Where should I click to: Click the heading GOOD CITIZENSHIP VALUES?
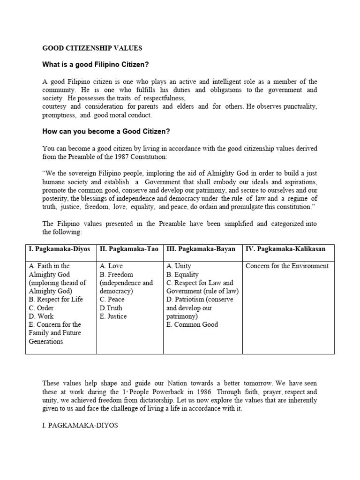coord(92,48)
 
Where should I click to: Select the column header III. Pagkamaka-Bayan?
coord(201,249)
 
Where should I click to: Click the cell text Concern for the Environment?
coord(287,266)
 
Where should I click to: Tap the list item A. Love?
coord(111,266)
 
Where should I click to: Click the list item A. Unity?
coord(179,266)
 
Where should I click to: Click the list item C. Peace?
coord(112,300)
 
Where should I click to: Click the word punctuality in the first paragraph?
coord(297,107)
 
